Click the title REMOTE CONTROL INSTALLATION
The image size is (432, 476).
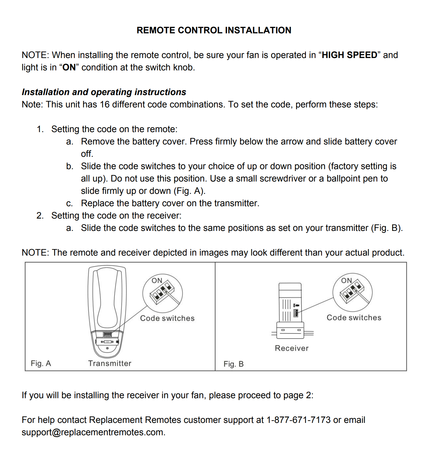click(214, 30)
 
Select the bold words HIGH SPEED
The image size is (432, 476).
click(349, 55)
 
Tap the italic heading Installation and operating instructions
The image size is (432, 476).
click(104, 92)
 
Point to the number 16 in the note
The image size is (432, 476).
click(104, 104)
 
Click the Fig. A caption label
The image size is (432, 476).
click(41, 363)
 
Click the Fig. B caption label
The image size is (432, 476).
click(233, 364)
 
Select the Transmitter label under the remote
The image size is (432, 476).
click(110, 363)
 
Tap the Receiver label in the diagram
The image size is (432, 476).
click(292, 348)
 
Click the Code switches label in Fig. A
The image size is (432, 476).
click(167, 318)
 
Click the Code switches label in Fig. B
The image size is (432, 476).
click(354, 318)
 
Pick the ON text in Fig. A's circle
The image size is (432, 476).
click(157, 280)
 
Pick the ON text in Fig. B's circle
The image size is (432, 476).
click(346, 280)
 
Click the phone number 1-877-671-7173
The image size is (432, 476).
click(299, 420)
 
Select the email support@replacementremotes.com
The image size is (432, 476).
click(93, 432)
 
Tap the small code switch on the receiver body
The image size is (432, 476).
click(296, 313)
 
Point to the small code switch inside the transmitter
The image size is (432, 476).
click(108, 334)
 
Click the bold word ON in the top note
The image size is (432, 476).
click(69, 67)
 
